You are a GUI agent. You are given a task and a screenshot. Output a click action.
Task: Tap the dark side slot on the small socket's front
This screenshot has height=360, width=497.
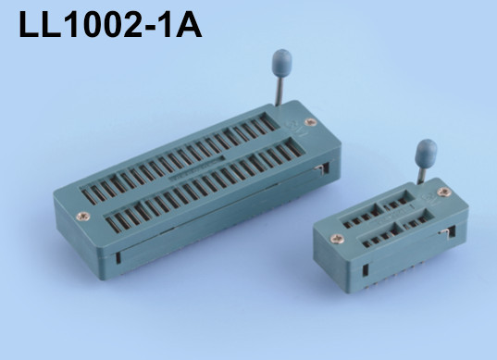click(366, 271)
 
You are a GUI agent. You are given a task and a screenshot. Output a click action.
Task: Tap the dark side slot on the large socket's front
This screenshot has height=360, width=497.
click(117, 252)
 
